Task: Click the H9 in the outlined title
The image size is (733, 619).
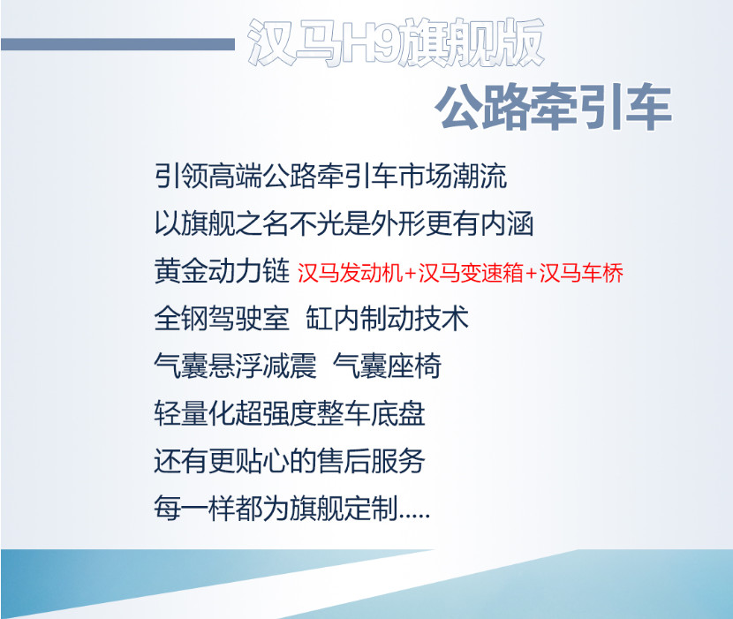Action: [370, 43]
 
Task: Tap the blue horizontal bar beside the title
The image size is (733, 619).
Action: [117, 44]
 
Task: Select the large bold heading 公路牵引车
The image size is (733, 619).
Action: [553, 109]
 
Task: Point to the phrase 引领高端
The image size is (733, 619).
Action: [208, 176]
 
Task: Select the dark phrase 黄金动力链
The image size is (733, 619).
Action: [222, 271]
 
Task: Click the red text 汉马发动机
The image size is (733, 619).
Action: [350, 273]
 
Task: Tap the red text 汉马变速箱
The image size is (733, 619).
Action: [471, 273]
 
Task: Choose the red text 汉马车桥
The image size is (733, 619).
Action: [581, 273]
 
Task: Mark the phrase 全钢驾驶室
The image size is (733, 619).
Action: [222, 319]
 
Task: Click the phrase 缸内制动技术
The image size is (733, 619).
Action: [387, 319]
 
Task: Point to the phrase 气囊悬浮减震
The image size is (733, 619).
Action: [235, 366]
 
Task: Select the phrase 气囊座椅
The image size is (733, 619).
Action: [387, 366]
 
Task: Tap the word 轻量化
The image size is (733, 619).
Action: [194, 414]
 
